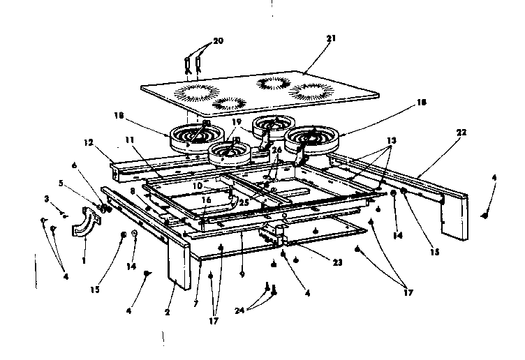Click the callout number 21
pos(330,39)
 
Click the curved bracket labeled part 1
pos(86,225)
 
